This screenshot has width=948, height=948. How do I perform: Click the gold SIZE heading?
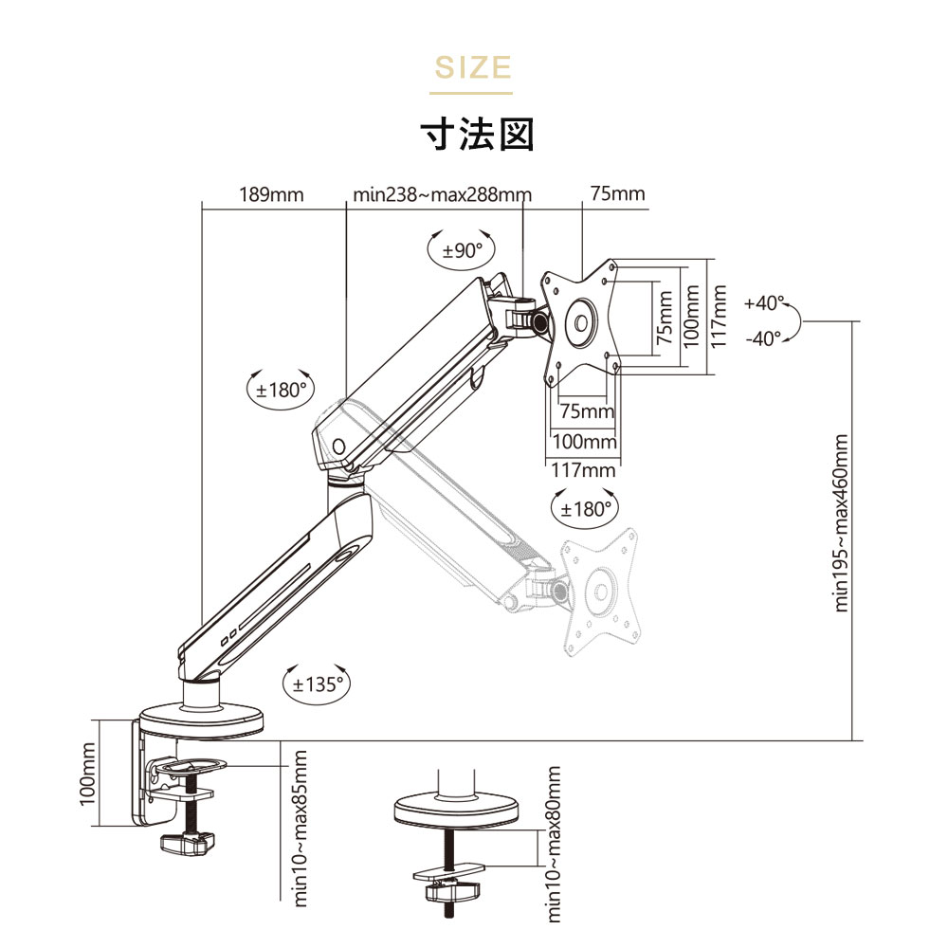click(x=473, y=67)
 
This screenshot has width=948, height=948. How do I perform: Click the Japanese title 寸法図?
click(x=477, y=135)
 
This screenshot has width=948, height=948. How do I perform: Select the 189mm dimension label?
click(x=271, y=194)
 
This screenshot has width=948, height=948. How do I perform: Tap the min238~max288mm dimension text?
click(x=442, y=194)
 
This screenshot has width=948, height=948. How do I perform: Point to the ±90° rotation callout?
click(x=462, y=249)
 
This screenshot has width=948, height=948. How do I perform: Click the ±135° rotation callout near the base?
click(x=318, y=684)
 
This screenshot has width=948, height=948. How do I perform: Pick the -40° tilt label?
click(x=763, y=338)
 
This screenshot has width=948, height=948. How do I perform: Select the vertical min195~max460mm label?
click(x=841, y=523)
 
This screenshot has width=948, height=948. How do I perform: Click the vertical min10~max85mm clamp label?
click(x=301, y=829)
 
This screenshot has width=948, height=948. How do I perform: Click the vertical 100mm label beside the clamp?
click(x=87, y=775)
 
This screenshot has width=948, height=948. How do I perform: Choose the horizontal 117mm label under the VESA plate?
click(x=583, y=470)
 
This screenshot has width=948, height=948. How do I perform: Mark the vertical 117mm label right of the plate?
click(x=718, y=317)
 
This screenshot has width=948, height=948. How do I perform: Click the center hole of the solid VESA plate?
click(x=581, y=323)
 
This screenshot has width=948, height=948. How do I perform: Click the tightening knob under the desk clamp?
click(x=188, y=843)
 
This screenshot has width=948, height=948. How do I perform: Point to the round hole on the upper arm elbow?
click(x=338, y=447)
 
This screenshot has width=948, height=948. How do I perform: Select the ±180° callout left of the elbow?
click(x=282, y=390)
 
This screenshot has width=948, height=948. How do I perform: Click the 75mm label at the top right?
click(x=617, y=193)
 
